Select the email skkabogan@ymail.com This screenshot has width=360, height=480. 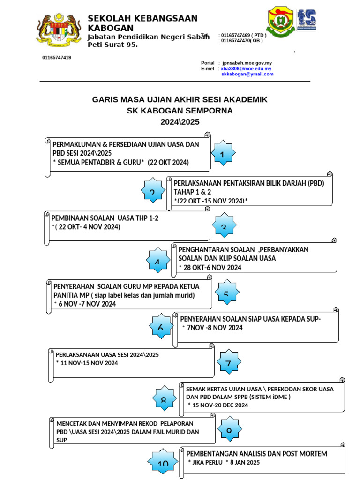247,74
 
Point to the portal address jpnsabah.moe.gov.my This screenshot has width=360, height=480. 247,63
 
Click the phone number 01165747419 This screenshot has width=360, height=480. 57,57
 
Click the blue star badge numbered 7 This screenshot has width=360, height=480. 228,363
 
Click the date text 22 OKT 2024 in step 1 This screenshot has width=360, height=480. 168,162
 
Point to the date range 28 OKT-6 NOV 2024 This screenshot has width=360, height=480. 212,267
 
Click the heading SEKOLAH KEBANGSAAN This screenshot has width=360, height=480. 142,18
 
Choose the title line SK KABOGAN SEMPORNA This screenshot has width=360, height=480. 180,111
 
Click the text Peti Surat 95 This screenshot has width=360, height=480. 112,45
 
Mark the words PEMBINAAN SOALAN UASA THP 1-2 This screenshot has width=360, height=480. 105,218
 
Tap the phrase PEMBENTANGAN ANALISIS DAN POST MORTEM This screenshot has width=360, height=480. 257,453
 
